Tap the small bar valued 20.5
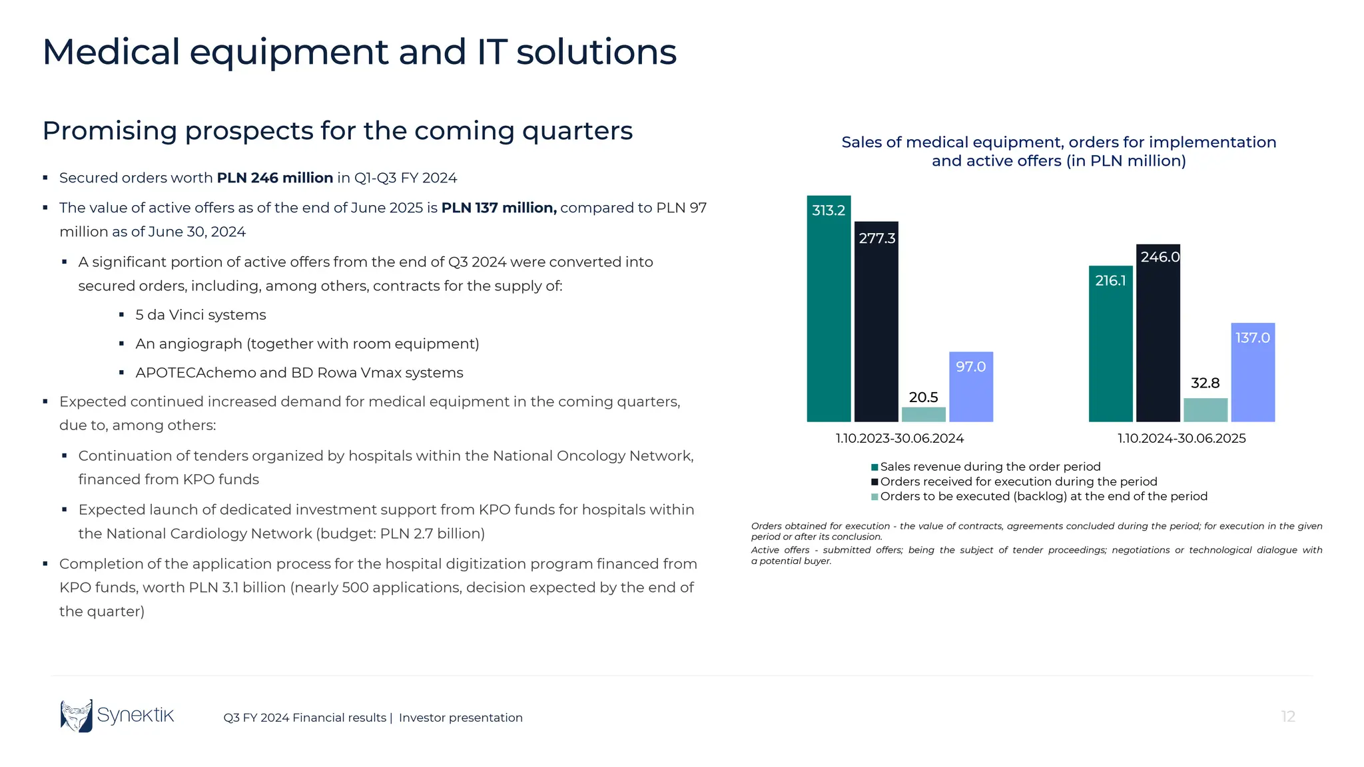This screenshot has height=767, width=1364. pyautogui.click(x=923, y=414)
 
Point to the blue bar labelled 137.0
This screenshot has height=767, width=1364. pyautogui.click(x=1252, y=372)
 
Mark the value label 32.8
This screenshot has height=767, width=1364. pyautogui.click(x=1205, y=383)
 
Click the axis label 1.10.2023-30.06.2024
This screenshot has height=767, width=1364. pyautogui.click(x=899, y=438)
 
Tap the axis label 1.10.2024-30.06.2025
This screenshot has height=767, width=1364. pyautogui.click(x=1181, y=438)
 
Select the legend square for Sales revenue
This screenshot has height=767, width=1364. pyautogui.click(x=874, y=467)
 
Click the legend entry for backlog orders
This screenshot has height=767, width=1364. pyautogui.click(x=1043, y=497)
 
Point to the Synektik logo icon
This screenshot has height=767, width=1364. pyautogui.click(x=77, y=716)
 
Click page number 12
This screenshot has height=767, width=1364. pyautogui.click(x=1287, y=716)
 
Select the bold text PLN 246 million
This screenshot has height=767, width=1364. pyautogui.click(x=274, y=178)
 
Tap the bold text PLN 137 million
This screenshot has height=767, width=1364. pyautogui.click(x=498, y=208)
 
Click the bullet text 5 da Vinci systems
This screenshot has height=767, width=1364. pyautogui.click(x=200, y=315)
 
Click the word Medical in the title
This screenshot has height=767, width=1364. pyautogui.click(x=111, y=52)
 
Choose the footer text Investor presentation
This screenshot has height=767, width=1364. pyautogui.click(x=460, y=718)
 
